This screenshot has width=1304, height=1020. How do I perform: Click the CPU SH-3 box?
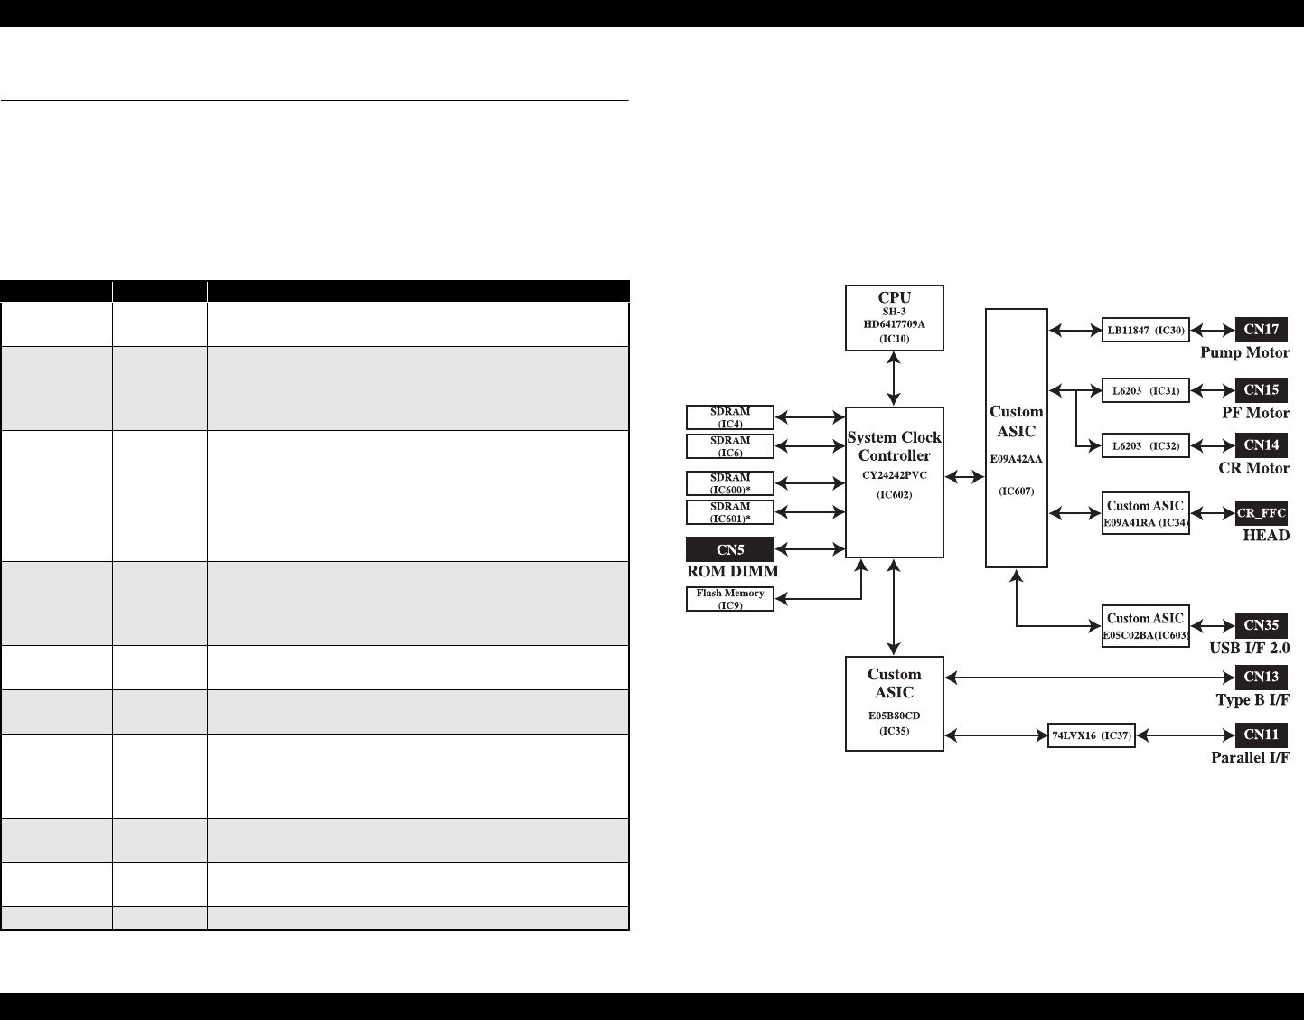click(x=894, y=317)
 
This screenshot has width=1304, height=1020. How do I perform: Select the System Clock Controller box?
click(x=894, y=482)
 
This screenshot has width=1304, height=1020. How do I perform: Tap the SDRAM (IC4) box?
click(x=730, y=417)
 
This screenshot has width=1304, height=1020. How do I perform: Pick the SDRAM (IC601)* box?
click(x=730, y=512)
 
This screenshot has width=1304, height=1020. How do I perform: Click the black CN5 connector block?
click(x=730, y=548)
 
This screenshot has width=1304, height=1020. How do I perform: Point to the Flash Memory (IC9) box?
click(x=730, y=598)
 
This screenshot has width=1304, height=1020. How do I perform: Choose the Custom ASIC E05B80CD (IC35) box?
click(x=894, y=703)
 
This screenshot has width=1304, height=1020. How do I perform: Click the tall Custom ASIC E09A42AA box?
click(x=1016, y=437)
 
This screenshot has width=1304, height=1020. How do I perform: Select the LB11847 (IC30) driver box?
click(x=1145, y=331)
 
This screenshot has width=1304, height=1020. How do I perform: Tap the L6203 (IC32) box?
click(x=1145, y=445)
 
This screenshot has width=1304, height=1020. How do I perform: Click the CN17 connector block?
click(x=1261, y=330)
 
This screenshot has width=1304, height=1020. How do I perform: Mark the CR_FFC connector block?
click(x=1261, y=513)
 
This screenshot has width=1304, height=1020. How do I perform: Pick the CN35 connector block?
click(x=1261, y=625)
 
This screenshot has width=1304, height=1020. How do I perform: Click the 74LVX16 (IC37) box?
click(x=1092, y=735)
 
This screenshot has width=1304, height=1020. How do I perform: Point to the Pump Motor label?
click(x=1244, y=353)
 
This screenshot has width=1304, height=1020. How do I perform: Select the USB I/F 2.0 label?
click(x=1249, y=649)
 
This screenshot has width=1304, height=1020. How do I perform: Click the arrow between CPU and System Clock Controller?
click(x=894, y=379)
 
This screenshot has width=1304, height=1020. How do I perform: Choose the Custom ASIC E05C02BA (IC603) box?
click(x=1145, y=625)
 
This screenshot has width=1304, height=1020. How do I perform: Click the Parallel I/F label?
click(x=1250, y=758)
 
